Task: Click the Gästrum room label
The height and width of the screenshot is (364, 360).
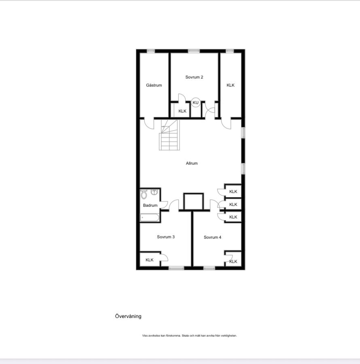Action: coord(154,85)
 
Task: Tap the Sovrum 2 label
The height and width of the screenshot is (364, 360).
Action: coord(194,77)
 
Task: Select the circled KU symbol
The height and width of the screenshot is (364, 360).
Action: coord(196,102)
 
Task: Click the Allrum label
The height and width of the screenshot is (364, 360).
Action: coord(192,163)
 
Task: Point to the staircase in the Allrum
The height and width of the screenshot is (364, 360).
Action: coord(169,135)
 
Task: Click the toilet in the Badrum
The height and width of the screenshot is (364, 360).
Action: coord(144,194)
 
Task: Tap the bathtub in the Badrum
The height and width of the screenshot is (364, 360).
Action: coord(150,218)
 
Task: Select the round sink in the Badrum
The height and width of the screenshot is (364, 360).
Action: coord(154,192)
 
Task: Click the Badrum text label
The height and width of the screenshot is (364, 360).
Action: coord(150,205)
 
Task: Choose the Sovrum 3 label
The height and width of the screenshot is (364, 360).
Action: coord(166,237)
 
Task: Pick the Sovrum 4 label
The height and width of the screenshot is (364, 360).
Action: coord(212,237)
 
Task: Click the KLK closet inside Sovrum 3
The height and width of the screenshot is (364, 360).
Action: coord(150,260)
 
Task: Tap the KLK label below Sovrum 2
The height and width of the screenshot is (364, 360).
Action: coord(182,111)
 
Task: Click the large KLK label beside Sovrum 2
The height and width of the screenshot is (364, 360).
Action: coord(231,85)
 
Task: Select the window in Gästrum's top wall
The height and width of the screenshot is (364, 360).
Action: coord(151,51)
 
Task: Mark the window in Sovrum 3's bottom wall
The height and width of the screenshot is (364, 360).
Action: coord(176,268)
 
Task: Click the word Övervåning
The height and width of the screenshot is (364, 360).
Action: coord(128,316)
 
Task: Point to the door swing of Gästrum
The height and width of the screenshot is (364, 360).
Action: coord(149,123)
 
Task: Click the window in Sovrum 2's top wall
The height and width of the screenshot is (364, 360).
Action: coord(194,51)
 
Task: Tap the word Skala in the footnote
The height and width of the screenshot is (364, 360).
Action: coord(185,335)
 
